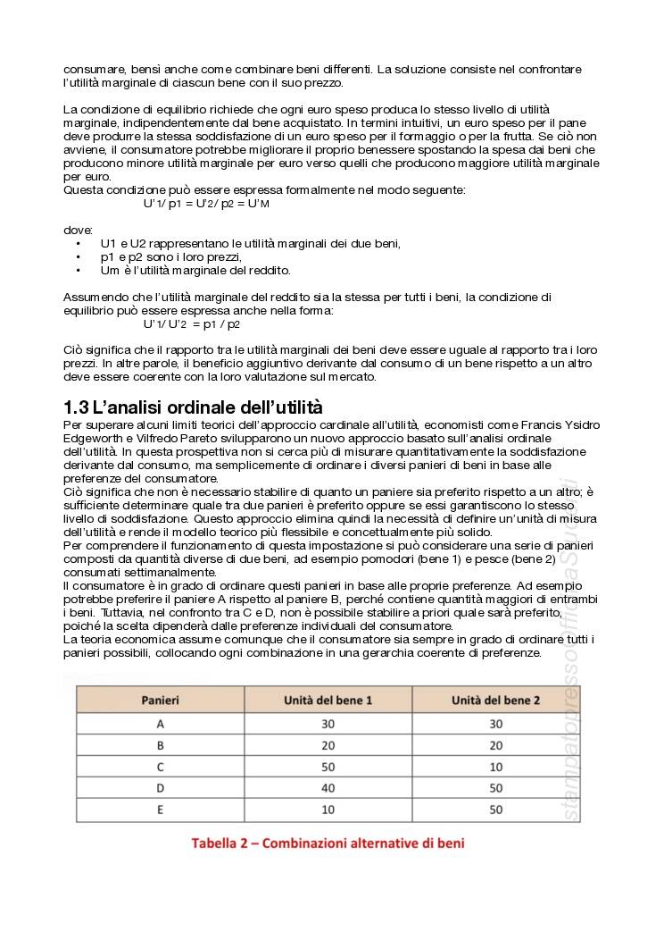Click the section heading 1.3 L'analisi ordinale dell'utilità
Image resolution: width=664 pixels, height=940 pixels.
click(x=193, y=407)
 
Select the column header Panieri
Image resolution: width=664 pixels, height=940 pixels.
click(x=161, y=700)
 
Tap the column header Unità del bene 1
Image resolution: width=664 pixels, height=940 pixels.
click(x=328, y=700)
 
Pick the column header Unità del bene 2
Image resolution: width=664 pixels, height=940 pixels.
click(x=495, y=700)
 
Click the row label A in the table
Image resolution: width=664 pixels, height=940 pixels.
click(x=161, y=724)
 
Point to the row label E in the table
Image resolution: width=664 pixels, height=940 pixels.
click(x=161, y=810)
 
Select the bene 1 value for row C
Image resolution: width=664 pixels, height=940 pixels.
click(x=328, y=767)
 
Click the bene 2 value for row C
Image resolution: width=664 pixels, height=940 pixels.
click(x=495, y=767)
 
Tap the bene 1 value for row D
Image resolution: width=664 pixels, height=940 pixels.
click(x=328, y=788)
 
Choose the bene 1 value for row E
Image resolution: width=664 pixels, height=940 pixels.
click(x=328, y=810)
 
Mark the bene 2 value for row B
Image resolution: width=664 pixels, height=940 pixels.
click(x=495, y=745)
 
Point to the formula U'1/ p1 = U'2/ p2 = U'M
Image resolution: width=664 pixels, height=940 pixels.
click(x=206, y=204)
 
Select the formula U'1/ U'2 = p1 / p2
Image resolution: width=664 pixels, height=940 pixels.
click(x=191, y=324)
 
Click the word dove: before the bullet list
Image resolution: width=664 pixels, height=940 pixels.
click(x=78, y=230)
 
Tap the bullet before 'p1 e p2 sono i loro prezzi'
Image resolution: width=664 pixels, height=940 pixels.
click(x=79, y=257)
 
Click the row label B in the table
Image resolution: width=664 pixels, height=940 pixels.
click(x=161, y=745)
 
